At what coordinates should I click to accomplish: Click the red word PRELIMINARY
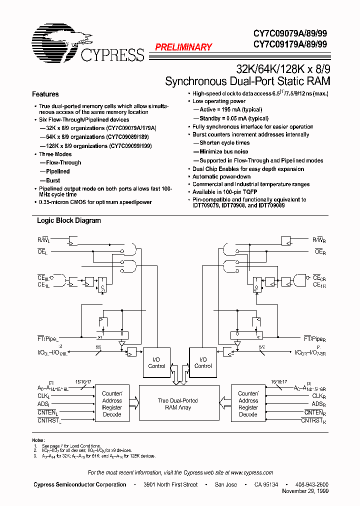[x=183, y=47]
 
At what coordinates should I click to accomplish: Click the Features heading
[x=45, y=94]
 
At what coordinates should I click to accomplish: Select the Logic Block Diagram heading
[x=69, y=220]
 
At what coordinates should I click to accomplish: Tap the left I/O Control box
[x=156, y=362]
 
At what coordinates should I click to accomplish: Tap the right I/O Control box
[x=203, y=362]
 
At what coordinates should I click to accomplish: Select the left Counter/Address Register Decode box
[x=112, y=404]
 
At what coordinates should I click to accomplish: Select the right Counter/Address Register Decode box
[x=248, y=404]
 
